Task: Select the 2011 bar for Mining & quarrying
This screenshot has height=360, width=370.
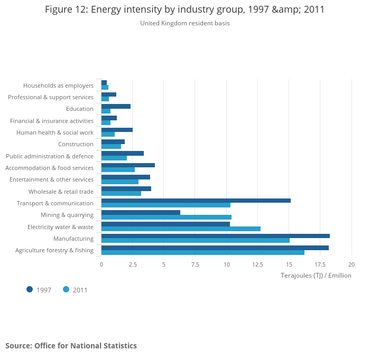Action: click(166, 217)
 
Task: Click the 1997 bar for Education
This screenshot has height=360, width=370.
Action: click(116, 106)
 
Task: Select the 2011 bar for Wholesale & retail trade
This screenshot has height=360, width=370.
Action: click(121, 193)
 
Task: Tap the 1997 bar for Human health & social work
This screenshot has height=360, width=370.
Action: click(117, 130)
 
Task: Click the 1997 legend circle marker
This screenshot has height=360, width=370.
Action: click(30, 289)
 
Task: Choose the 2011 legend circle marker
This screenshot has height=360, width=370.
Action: click(66, 289)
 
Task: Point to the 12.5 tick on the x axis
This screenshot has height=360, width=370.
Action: click(257, 264)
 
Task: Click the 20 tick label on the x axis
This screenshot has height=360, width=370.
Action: click(351, 264)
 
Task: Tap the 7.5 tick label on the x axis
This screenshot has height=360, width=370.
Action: click(195, 264)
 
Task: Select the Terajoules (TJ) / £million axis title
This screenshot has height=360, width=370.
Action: click(316, 276)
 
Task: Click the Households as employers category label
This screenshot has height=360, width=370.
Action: click(58, 86)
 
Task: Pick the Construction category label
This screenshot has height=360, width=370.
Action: click(76, 144)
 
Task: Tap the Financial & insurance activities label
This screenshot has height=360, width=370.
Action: click(52, 121)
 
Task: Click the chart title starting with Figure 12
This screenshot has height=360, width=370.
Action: click(184, 10)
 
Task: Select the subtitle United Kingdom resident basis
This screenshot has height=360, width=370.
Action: click(184, 23)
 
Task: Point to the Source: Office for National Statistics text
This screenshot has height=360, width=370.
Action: click(71, 346)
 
